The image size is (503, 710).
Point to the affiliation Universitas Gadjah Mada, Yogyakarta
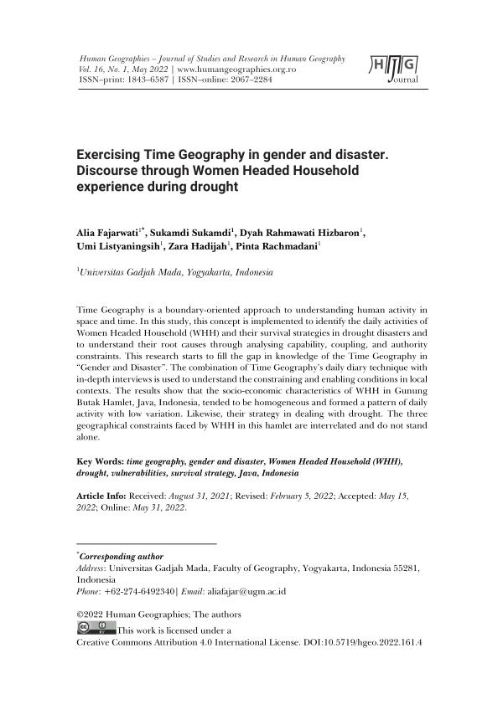coord(175,272)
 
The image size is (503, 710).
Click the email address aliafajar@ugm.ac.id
coord(247,590)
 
